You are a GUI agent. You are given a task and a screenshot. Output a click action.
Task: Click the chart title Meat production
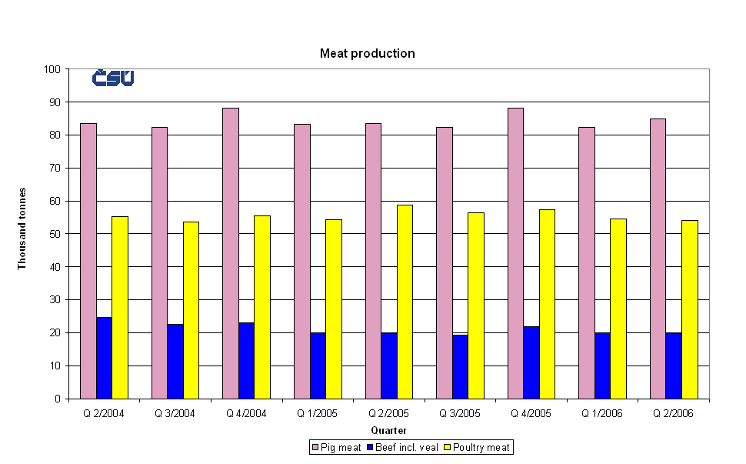(368, 54)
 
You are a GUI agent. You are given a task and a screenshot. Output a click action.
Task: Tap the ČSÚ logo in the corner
(113, 78)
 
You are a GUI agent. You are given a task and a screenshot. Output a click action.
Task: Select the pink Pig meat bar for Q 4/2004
(231, 253)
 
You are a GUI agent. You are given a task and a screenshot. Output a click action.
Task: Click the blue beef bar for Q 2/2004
(104, 358)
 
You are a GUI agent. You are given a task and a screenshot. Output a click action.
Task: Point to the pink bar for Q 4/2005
(515, 253)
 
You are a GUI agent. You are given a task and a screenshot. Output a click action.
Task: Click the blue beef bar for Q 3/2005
(460, 366)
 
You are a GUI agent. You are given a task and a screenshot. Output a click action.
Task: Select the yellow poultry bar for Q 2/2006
(690, 309)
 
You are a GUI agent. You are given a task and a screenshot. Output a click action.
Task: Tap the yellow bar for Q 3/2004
(191, 310)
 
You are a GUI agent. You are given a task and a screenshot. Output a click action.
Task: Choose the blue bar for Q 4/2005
(531, 362)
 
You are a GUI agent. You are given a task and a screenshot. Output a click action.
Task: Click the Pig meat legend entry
(336, 447)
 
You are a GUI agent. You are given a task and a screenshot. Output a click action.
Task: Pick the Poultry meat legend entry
(478, 447)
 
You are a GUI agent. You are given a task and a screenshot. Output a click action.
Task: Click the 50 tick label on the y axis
(55, 234)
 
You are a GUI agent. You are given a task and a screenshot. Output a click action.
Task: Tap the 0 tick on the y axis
(58, 399)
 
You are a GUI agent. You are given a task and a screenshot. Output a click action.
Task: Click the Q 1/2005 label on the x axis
(318, 413)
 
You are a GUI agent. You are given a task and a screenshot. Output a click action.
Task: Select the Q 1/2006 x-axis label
(602, 413)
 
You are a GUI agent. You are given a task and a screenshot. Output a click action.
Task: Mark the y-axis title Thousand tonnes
(22, 229)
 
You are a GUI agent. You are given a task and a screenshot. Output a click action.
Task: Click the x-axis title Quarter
(388, 430)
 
